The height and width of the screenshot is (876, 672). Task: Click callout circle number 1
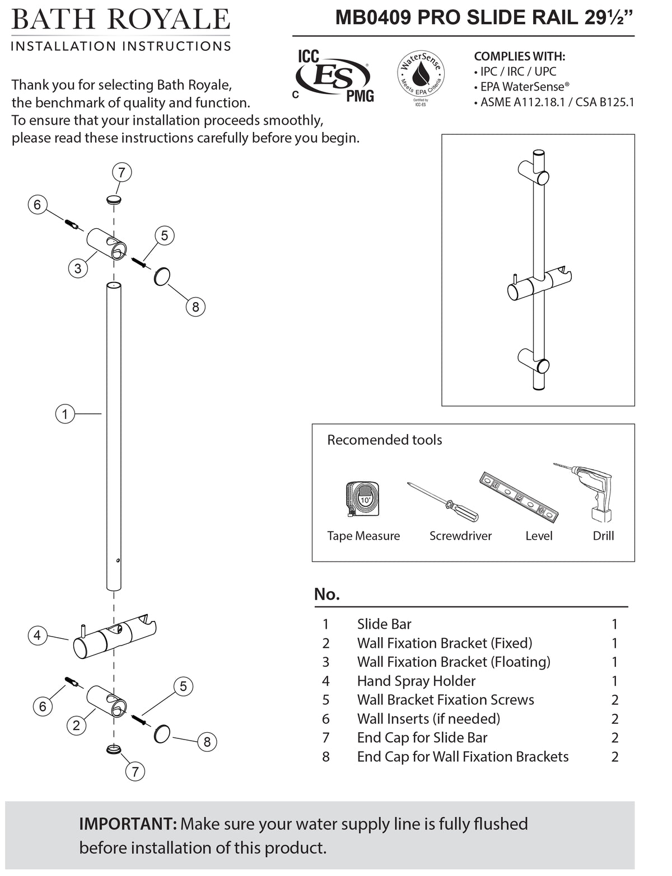65,414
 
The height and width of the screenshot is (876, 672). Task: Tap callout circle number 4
37,635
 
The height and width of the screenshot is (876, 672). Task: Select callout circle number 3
78,269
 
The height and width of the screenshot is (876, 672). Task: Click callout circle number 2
76,726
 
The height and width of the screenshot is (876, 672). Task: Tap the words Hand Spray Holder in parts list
416,681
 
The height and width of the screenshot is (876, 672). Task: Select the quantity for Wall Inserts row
614,719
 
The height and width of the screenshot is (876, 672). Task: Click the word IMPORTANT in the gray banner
128,824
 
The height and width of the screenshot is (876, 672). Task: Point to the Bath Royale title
120,20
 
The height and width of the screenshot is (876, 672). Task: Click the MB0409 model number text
373,18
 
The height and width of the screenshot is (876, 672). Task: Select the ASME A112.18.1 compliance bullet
557,102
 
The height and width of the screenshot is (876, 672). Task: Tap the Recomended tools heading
384,440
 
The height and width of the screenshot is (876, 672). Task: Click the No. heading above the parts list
327,594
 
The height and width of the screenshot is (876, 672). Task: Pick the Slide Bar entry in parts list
384,624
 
